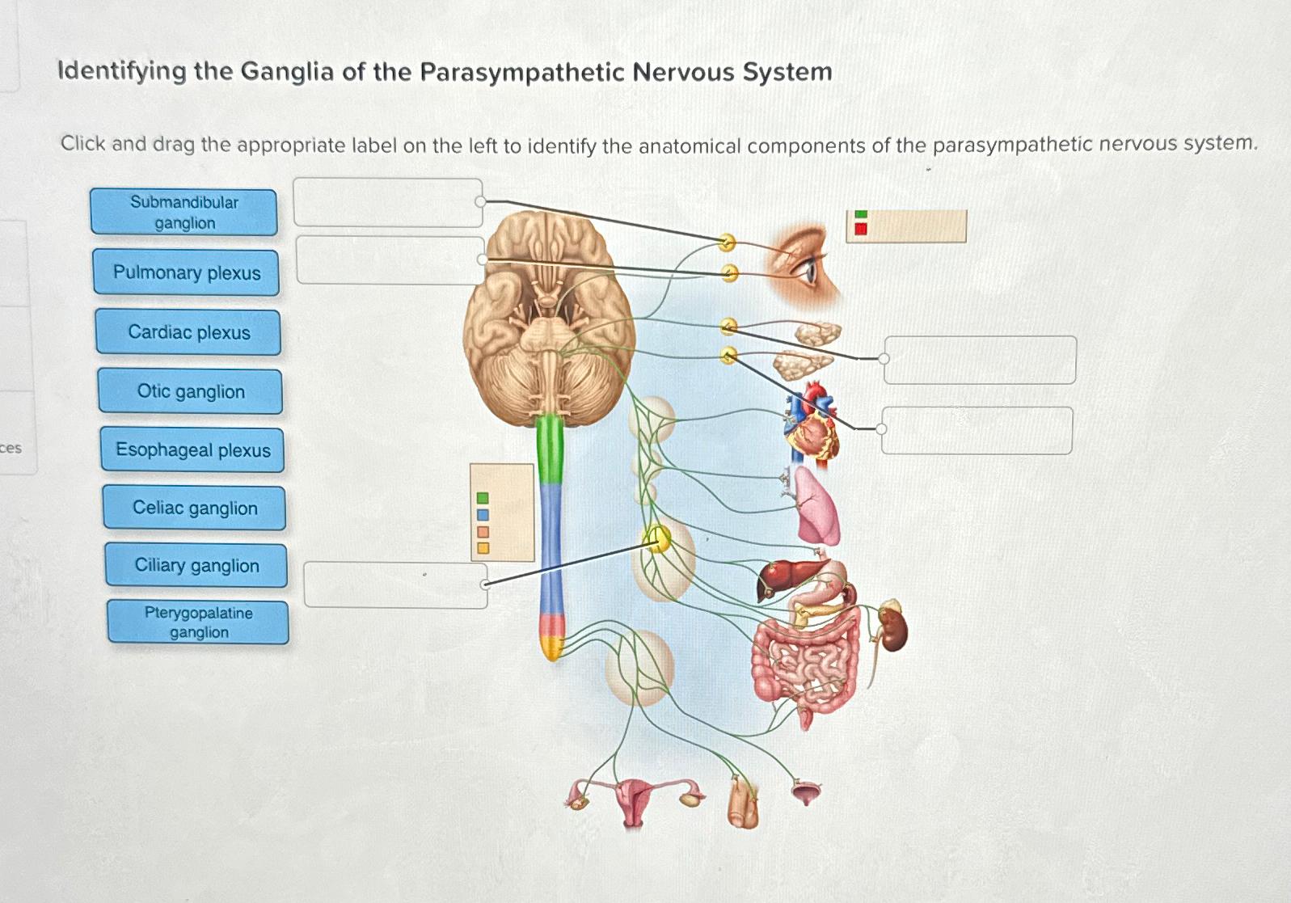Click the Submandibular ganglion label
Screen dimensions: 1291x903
tap(184, 213)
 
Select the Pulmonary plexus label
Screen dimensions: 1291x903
tap(186, 272)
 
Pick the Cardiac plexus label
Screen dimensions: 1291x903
tap(188, 332)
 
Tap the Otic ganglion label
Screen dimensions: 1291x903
tap(190, 391)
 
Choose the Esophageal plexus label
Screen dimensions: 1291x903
tap(192, 449)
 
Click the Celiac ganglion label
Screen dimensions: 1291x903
tap(194, 508)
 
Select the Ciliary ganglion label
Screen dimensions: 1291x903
tap(196, 565)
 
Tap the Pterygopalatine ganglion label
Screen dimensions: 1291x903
tap(198, 622)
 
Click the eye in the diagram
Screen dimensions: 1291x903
tap(808, 266)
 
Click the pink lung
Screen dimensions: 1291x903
tap(817, 505)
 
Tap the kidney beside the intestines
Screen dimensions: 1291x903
tap(893, 629)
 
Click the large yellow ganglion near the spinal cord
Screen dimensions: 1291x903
tap(656, 538)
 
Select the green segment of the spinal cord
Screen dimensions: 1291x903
tap(550, 449)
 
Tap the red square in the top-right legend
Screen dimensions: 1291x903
tap(861, 229)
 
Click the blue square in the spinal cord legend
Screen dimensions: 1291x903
tap(483, 515)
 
